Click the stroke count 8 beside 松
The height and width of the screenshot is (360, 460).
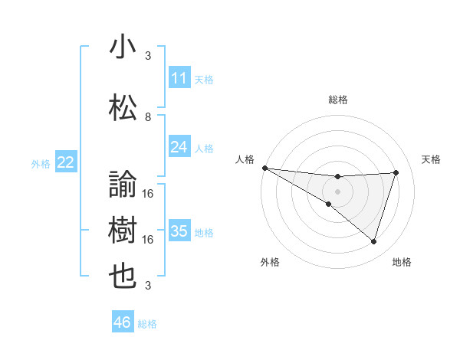pyautogui.click(x=148, y=117)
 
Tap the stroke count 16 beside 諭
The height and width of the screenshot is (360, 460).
pyautogui.click(x=148, y=193)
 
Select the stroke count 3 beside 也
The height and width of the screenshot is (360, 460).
pyautogui.click(x=148, y=286)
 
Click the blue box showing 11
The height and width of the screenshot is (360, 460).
pyautogui.click(x=179, y=77)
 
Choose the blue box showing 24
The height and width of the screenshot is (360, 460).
pyautogui.click(x=179, y=147)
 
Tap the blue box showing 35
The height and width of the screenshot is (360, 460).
pyautogui.click(x=179, y=231)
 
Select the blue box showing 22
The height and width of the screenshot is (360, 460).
pyautogui.click(x=66, y=162)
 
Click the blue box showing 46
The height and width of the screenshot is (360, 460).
pyautogui.click(x=122, y=322)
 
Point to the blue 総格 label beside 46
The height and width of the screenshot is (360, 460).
pyautogui.click(x=147, y=324)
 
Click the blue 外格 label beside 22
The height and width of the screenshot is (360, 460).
pyautogui.click(x=41, y=163)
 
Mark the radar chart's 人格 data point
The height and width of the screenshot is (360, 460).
pyautogui.click(x=264, y=168)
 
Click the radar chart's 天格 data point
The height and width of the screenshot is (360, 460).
pyautogui.click(x=396, y=172)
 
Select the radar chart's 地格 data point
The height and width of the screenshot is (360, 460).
pyautogui.click(x=373, y=242)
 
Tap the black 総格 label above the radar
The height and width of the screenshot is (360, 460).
pyautogui.click(x=337, y=100)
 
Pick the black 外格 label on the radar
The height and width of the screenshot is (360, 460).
pyautogui.click(x=270, y=262)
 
